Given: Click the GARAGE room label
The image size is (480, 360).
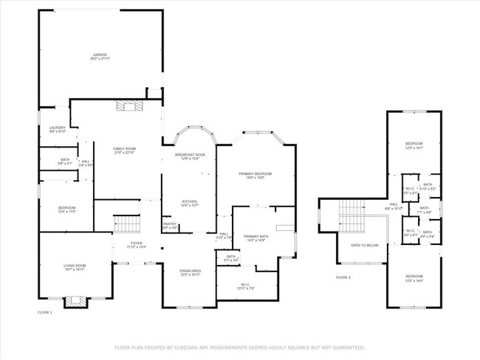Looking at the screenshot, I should pyautogui.click(x=100, y=55).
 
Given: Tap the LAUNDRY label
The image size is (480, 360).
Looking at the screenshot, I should pyautogui.click(x=58, y=128).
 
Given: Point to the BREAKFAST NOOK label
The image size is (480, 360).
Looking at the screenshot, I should pyautogui.click(x=189, y=155).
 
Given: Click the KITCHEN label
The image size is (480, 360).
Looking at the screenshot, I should pyautogui.click(x=191, y=201).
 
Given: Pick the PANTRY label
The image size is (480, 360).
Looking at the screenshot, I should pyautogui.click(x=169, y=224).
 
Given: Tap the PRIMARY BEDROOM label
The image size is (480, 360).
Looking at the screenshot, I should pyautogui.click(x=256, y=173).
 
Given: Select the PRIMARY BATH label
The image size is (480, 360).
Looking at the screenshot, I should pyautogui.click(x=256, y=236).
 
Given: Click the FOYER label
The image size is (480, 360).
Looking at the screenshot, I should pyautogui.click(x=137, y=243).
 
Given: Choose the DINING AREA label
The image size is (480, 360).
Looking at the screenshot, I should pyautogui.click(x=191, y=271).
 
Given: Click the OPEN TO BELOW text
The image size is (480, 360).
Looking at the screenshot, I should pyautogui.click(x=364, y=246).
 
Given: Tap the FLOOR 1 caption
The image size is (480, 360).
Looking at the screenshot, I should pyautogui.click(x=45, y=313).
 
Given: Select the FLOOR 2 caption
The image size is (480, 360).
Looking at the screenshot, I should pyautogui.click(x=343, y=277).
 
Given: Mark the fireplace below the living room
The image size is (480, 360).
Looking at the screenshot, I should pyautogui.click(x=75, y=300).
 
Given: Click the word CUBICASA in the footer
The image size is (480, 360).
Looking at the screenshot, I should pyautogui.click(x=188, y=347).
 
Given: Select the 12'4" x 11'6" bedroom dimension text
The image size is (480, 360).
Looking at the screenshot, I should pyautogui.click(x=66, y=212).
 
